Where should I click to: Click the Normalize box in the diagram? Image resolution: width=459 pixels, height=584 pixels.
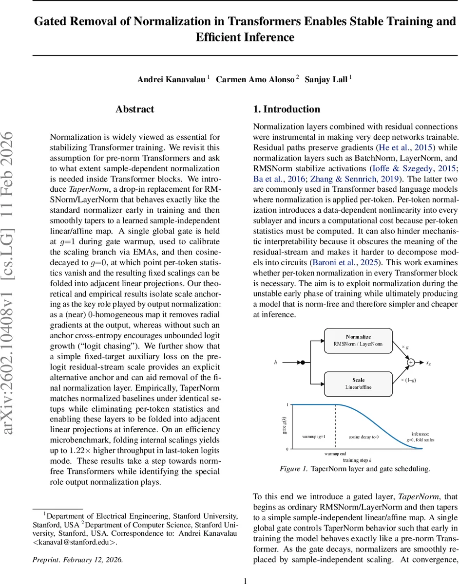click(358, 340)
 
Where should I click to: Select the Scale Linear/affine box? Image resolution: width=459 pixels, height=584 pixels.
click(358, 383)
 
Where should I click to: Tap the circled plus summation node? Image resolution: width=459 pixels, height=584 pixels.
click(410, 362)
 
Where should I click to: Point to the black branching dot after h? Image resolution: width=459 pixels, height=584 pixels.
click(303, 362)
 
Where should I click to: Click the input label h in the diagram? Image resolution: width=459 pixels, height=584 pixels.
click(276, 362)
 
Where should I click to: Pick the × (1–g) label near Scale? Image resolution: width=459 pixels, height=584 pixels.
click(409, 380)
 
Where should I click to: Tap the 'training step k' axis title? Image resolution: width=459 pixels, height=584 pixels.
click(357, 460)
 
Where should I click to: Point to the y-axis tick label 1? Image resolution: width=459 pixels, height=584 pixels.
click(287, 405)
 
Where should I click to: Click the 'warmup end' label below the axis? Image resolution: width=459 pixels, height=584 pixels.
click(335, 454)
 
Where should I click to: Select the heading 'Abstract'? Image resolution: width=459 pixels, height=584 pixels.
click(135, 109)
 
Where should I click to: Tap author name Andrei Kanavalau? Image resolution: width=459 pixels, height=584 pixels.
click(172, 79)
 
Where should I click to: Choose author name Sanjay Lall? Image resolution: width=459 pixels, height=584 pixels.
click(325, 79)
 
